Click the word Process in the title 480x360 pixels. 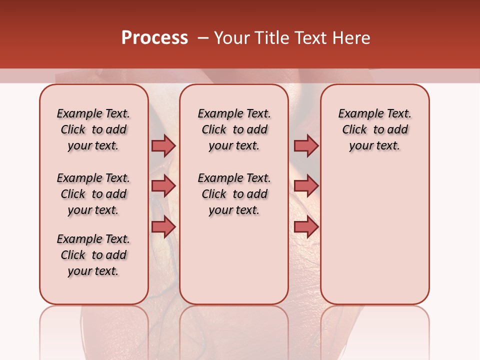[154, 38]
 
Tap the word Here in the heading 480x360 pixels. [351, 38]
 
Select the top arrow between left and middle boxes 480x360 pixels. [163, 145]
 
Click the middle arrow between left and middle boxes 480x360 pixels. [163, 186]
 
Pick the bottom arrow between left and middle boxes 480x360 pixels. [163, 227]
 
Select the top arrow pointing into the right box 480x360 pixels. [306, 145]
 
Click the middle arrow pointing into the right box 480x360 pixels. [306, 186]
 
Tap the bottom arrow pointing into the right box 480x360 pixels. [306, 227]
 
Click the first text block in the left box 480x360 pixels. [93, 129]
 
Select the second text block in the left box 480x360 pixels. [93, 194]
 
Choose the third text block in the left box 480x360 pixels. [93, 255]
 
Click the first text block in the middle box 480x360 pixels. [234, 129]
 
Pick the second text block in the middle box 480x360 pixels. [234, 194]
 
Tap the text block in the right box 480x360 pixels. [374, 129]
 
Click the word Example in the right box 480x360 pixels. [357, 114]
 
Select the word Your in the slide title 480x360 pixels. [231, 38]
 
